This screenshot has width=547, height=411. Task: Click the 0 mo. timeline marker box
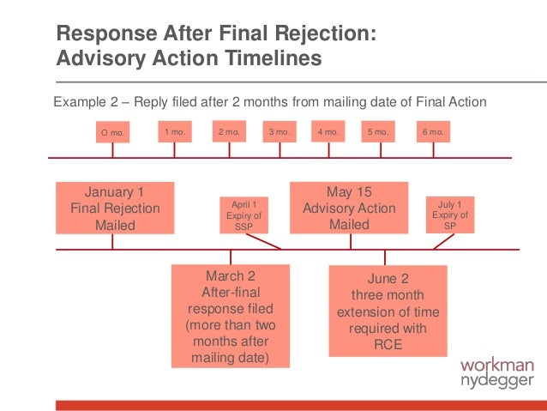[x=111, y=133]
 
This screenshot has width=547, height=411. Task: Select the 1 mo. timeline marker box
[x=175, y=132]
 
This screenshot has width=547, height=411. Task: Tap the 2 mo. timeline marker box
[x=228, y=132]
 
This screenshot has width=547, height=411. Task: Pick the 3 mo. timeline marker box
[x=280, y=132]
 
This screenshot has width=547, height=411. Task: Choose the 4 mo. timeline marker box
[x=328, y=132]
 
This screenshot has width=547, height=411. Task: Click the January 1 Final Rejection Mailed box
[x=115, y=208]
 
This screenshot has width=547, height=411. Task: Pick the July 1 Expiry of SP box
[x=450, y=215]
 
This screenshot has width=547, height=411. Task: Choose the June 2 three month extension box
[x=388, y=311]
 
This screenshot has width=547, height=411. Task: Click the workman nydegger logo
[x=496, y=373]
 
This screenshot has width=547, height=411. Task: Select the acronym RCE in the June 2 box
[x=388, y=345]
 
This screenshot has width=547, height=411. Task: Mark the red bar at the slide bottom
[x=300, y=404]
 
